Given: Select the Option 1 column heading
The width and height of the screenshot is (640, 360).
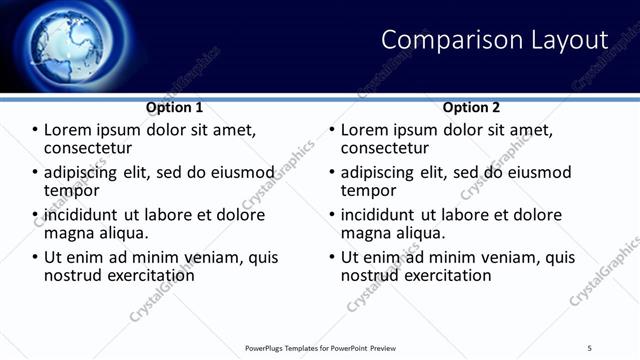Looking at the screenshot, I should [174, 107].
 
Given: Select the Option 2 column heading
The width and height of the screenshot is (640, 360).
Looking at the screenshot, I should [472, 107].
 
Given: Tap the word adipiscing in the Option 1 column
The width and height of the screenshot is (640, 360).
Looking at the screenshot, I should [82, 173].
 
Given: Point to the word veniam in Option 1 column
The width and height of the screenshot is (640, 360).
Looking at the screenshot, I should [216, 257].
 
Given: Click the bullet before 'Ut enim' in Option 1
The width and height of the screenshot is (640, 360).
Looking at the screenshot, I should [36, 258].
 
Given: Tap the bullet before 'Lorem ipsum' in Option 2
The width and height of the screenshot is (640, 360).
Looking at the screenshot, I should [333, 131].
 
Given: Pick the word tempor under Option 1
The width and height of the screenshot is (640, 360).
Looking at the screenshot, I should [72, 190].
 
